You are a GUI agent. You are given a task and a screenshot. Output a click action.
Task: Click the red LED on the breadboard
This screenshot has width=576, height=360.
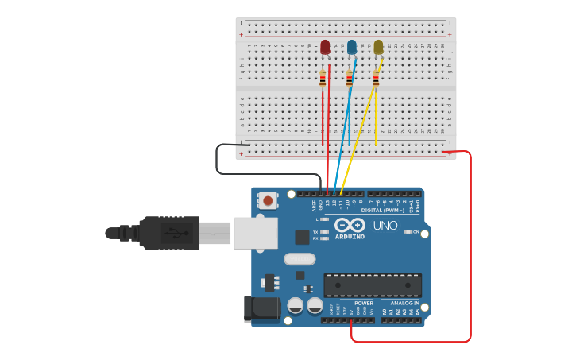coord(325,47)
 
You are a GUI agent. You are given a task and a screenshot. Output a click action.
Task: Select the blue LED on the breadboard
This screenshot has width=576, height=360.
coord(352,48)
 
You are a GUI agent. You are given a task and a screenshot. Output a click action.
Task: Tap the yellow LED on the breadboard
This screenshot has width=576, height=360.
coord(378,48)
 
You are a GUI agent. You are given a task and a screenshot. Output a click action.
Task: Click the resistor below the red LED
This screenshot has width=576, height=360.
coord(323,78)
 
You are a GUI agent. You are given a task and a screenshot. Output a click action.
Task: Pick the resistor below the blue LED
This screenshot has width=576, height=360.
coord(349,78)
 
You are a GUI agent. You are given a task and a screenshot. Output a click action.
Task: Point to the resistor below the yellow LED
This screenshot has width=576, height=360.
coord(376,78)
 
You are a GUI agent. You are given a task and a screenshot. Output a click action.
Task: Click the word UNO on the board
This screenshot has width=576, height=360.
coord(385,226)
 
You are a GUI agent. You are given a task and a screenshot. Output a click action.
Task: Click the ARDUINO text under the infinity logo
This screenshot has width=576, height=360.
coord(350,237)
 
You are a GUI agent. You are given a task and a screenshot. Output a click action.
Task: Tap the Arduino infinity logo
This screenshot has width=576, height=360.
coord(350,225)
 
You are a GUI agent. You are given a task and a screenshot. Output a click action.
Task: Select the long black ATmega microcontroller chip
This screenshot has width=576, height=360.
coord(373,285)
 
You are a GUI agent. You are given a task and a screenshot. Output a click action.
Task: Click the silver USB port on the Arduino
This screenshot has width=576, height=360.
coord(255,233)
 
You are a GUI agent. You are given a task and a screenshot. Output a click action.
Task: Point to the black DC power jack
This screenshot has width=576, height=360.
coord(261,308)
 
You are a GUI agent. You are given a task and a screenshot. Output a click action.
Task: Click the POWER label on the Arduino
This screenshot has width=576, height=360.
coord(364,303)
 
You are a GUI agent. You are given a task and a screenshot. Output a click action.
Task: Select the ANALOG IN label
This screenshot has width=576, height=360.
coord(404,303)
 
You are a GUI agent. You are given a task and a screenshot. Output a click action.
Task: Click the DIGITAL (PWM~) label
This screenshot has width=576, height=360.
coord(383,211)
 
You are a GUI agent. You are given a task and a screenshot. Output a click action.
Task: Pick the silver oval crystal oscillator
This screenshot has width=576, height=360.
coord(300,258)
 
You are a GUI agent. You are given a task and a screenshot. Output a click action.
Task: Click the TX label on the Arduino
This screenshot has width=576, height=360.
coord(315,231)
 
